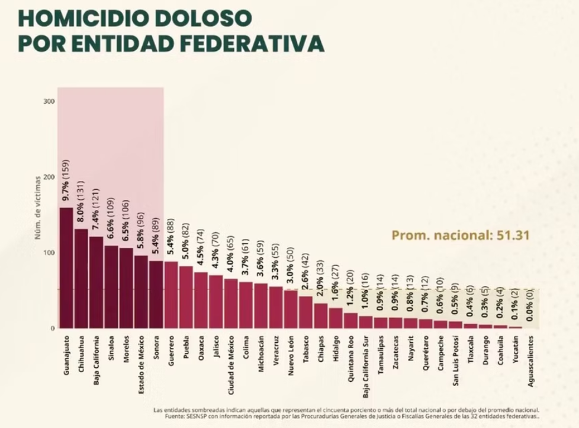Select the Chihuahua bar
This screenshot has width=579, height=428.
[x=81, y=278]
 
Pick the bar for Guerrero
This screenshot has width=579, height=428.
[x=171, y=295]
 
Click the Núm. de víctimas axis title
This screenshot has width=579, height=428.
[x=37, y=207]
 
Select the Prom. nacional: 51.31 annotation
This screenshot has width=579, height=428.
[x=460, y=235]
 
